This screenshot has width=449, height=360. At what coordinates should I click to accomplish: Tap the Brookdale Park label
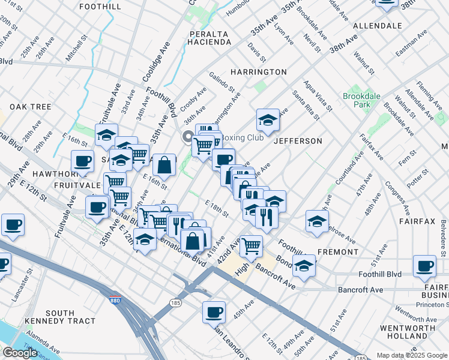[x=357, y=100]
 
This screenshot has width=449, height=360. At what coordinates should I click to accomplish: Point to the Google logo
[x=20, y=353]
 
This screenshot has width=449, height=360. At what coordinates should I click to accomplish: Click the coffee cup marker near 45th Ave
[x=214, y=312]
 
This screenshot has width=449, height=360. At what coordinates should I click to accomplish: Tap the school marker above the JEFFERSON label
[x=268, y=120]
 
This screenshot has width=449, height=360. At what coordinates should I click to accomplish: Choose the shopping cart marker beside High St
[x=251, y=245]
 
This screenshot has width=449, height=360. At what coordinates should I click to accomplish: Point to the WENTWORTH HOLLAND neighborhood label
[x=408, y=332]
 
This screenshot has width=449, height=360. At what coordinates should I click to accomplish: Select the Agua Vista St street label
[x=318, y=96]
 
